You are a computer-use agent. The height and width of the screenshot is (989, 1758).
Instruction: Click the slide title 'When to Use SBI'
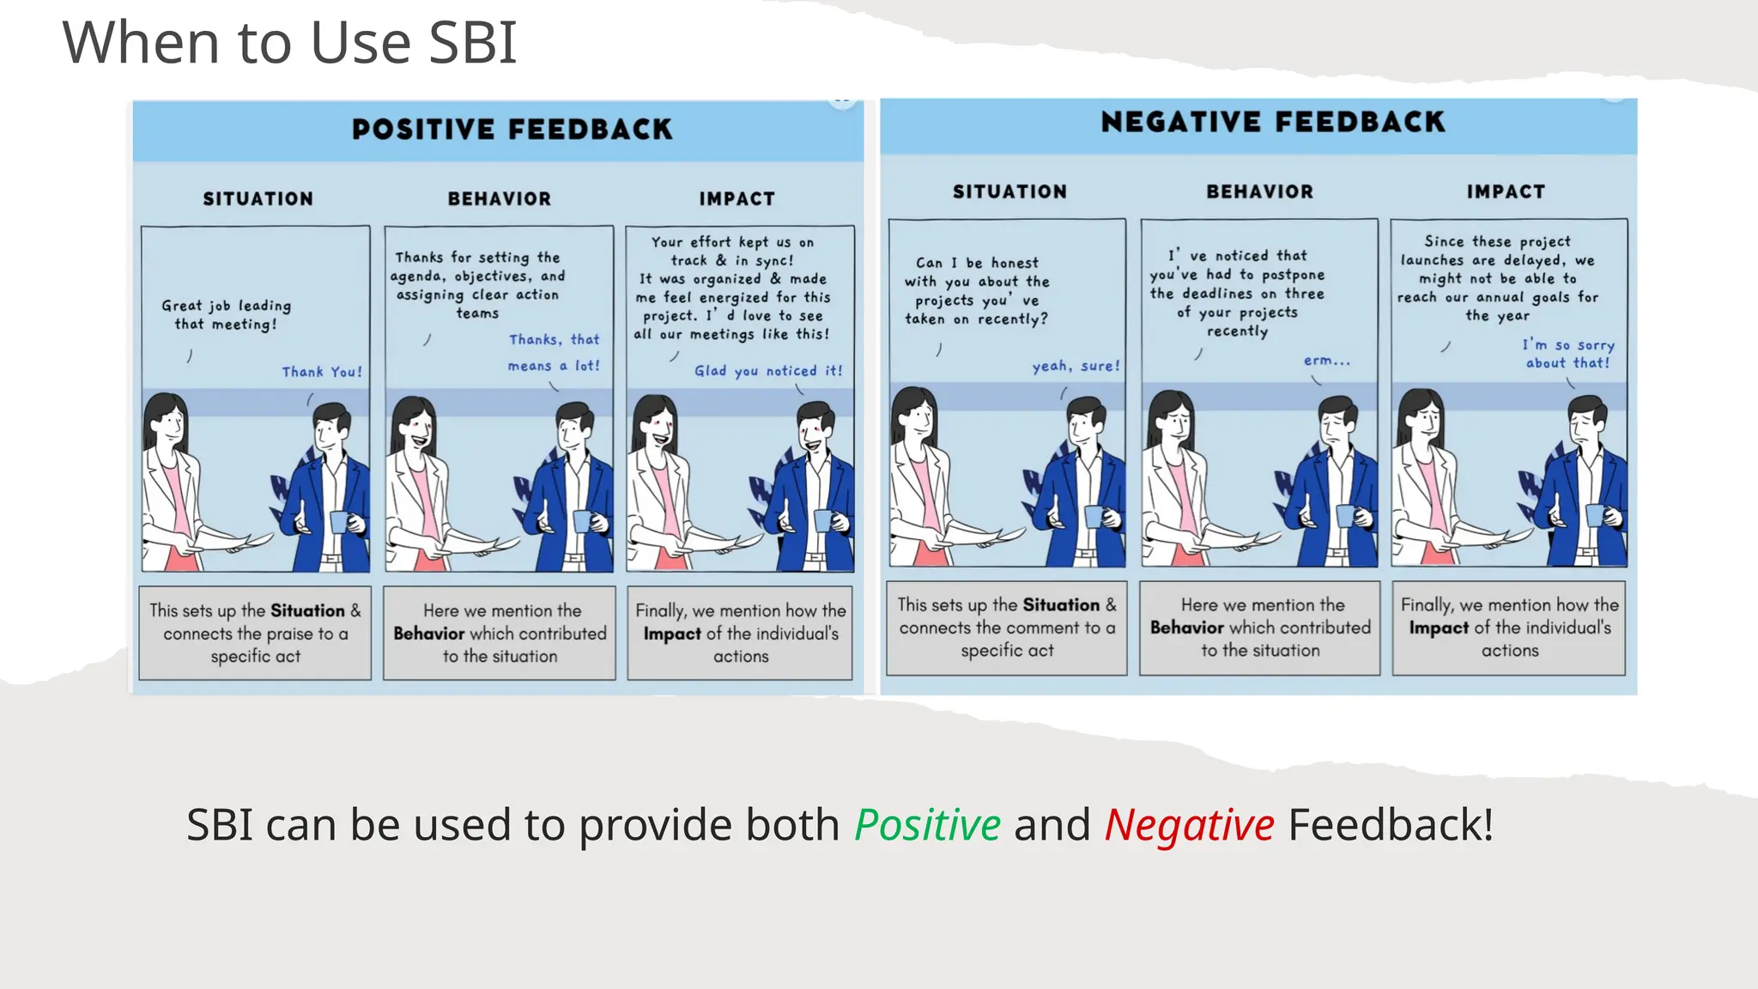coord(289,43)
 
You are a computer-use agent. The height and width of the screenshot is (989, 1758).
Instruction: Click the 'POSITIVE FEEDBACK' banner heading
coord(512,130)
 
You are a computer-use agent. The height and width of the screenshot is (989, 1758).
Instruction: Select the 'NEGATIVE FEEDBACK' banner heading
coord(1273,122)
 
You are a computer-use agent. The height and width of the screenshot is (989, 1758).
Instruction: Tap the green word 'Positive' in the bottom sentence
coord(927,825)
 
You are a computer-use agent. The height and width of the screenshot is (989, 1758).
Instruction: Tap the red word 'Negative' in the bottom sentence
coord(1189,825)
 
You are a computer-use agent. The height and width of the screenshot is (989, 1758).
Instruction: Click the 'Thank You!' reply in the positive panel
coord(322,372)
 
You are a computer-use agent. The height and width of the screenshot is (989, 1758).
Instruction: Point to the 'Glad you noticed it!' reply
coord(768,371)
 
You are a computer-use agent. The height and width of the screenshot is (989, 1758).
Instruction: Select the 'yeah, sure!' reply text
coord(1076,367)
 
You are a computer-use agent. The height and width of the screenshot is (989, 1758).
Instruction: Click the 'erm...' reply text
coord(1326,361)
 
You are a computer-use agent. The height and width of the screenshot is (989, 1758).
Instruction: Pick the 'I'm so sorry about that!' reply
coord(1567,354)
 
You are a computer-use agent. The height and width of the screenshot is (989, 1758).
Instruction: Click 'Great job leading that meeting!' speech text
coord(226,315)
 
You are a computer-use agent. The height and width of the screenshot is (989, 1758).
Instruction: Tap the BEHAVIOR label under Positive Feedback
coord(499,199)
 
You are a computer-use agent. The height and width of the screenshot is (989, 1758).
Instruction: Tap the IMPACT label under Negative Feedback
coord(1506,192)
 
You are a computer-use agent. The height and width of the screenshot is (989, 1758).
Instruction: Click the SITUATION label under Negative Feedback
coord(1009,192)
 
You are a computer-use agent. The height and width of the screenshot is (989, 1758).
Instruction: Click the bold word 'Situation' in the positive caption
coord(307,610)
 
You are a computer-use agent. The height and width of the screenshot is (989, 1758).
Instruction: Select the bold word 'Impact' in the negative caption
coord(1438,628)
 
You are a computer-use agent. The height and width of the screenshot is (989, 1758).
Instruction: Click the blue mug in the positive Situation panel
coord(339,520)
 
